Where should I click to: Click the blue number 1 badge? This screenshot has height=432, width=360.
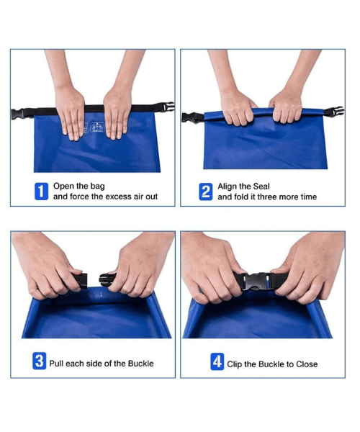[41, 192]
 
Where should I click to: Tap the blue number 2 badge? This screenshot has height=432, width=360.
[206, 192]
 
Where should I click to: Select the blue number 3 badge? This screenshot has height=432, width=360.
[40, 361]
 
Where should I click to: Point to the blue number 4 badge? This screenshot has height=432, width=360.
[217, 361]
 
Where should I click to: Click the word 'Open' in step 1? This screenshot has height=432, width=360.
[63, 186]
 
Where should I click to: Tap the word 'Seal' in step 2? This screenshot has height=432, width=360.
[261, 186]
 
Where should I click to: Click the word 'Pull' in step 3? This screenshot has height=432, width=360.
[56, 364]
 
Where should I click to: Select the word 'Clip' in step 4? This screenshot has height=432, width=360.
[235, 364]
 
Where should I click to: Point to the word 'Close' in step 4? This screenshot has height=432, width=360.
[307, 364]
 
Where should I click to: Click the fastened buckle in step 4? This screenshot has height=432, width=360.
[256, 281]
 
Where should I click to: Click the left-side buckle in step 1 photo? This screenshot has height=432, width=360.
[18, 114]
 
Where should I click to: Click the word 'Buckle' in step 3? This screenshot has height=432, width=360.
[140, 364]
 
